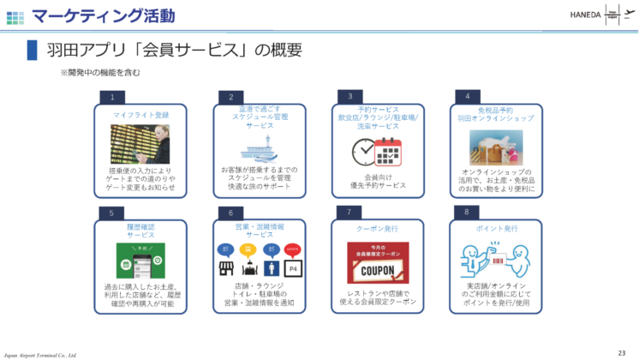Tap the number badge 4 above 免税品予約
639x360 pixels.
click(467, 96)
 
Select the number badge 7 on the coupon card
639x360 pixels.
click(349, 211)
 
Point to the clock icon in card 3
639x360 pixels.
click(363, 151)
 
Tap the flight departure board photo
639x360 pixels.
click(140, 144)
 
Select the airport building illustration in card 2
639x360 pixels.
click(259, 149)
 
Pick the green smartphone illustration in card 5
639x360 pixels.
click(140, 261)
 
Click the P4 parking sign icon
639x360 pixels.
click(293, 267)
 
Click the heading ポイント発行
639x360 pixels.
click(497, 229)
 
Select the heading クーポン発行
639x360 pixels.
click(377, 230)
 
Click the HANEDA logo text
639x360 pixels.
click(585, 14)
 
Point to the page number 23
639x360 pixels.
click(622, 351)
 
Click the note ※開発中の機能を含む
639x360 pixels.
click(100, 74)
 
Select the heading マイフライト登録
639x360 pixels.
click(140, 114)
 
